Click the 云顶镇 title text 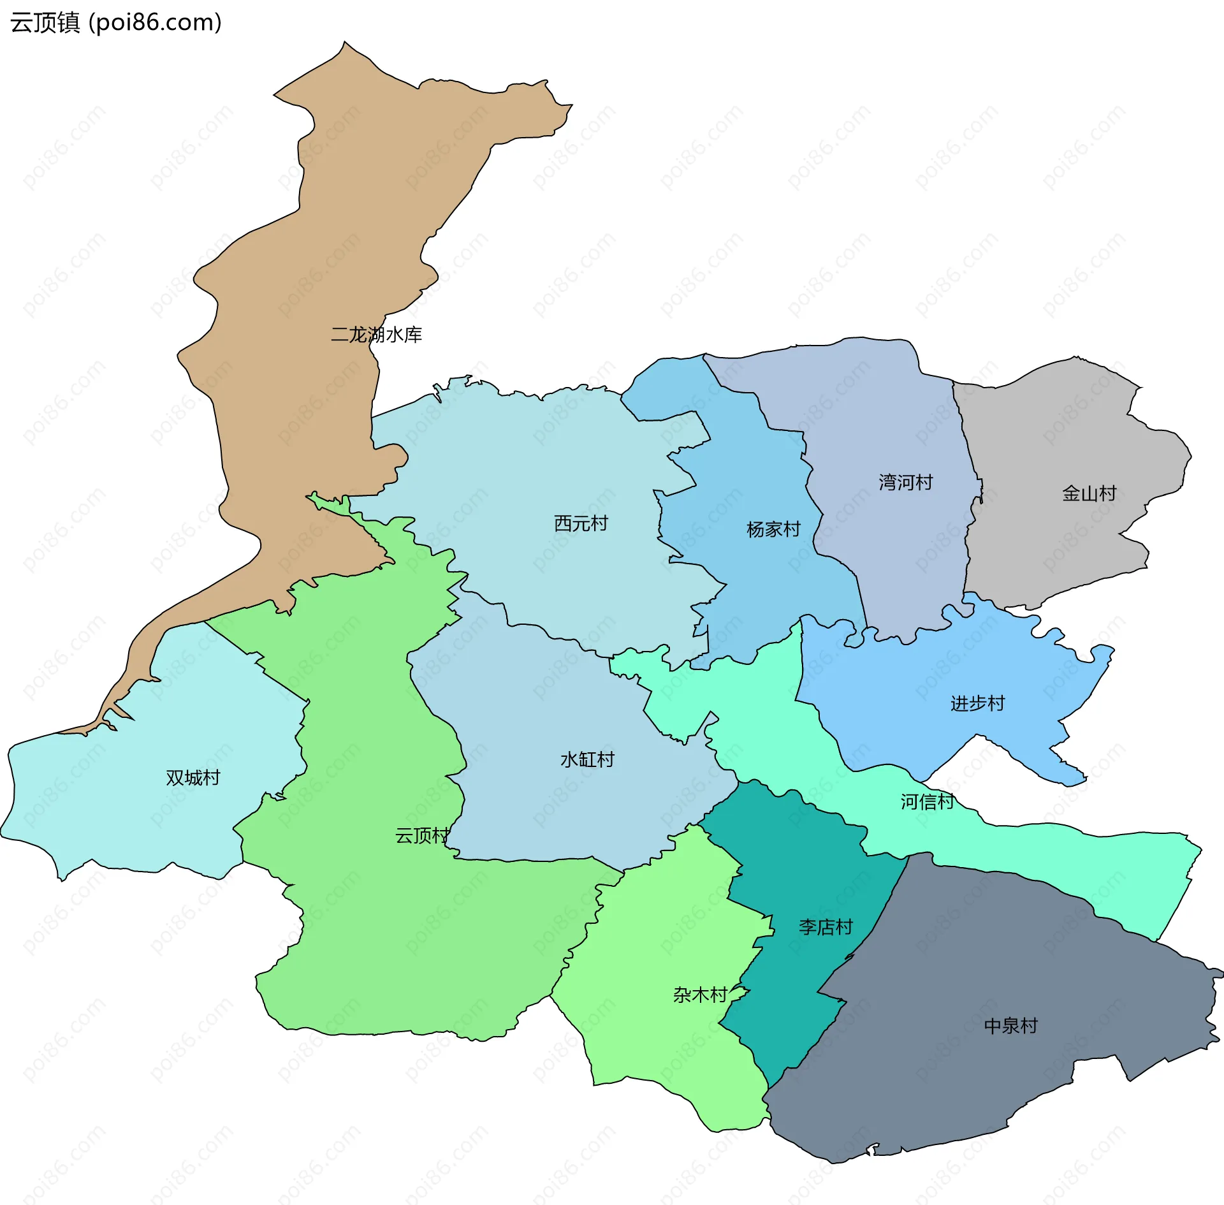45,23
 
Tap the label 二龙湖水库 376,335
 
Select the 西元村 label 581,523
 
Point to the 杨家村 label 773,529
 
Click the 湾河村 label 905,482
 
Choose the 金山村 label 1089,493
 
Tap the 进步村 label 977,703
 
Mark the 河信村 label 928,801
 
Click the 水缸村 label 587,759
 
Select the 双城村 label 193,778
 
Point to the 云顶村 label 422,835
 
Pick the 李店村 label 826,927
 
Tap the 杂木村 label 700,995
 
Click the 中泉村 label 1010,1026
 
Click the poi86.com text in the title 156,23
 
